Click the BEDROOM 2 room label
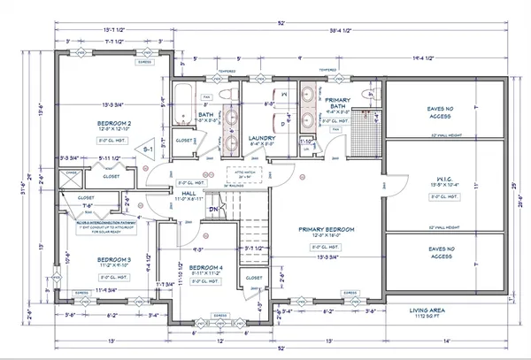(116, 123)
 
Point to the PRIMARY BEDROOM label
(327, 230)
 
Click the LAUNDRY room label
(263, 139)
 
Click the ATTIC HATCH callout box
(244, 173)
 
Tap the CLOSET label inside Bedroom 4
(251, 278)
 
